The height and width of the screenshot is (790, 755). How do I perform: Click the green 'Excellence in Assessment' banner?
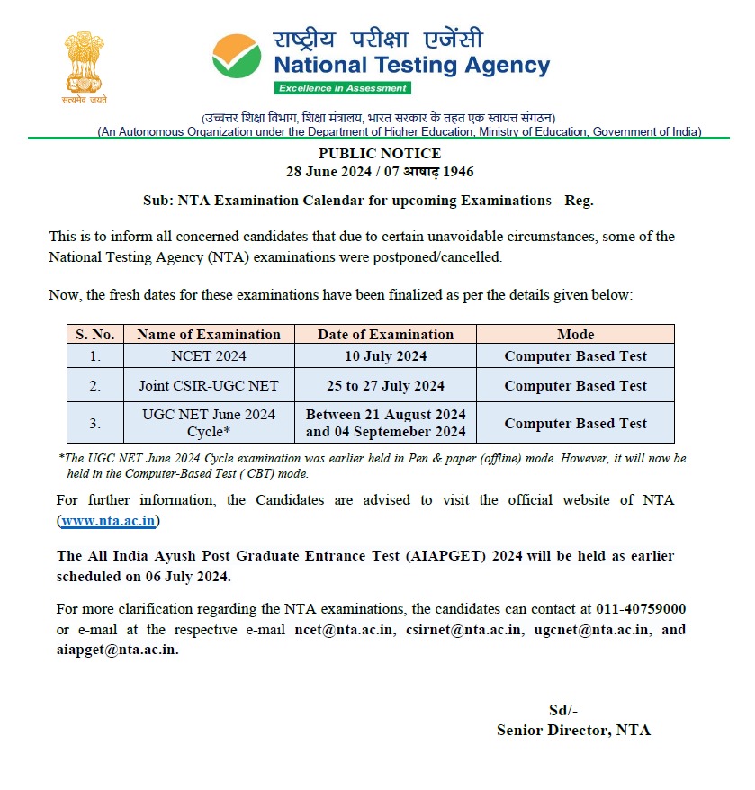pos(343,88)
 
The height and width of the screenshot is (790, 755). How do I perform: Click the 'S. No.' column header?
pos(94,335)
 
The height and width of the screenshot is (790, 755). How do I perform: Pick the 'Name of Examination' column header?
pos(209,335)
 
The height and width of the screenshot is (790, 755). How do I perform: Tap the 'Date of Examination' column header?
pos(385,335)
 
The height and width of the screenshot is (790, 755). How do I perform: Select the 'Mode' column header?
pos(575,335)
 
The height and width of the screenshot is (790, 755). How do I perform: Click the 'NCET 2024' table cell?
pos(209,356)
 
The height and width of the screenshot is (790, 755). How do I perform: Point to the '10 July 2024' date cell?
pos(385,356)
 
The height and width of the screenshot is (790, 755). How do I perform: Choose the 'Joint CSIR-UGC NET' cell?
pos(209,386)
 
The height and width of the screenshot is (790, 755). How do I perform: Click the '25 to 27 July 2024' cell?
pos(385,386)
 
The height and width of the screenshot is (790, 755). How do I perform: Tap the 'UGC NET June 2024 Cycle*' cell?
pos(209,423)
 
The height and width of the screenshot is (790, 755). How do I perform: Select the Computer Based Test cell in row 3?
pos(575,423)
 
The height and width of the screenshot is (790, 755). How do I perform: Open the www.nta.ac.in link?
pos(109,521)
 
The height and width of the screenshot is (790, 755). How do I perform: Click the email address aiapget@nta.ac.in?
pos(116,651)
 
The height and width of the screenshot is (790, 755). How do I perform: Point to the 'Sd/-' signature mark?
pos(563,710)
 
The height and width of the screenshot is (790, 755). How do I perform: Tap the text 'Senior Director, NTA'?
pos(573,731)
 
